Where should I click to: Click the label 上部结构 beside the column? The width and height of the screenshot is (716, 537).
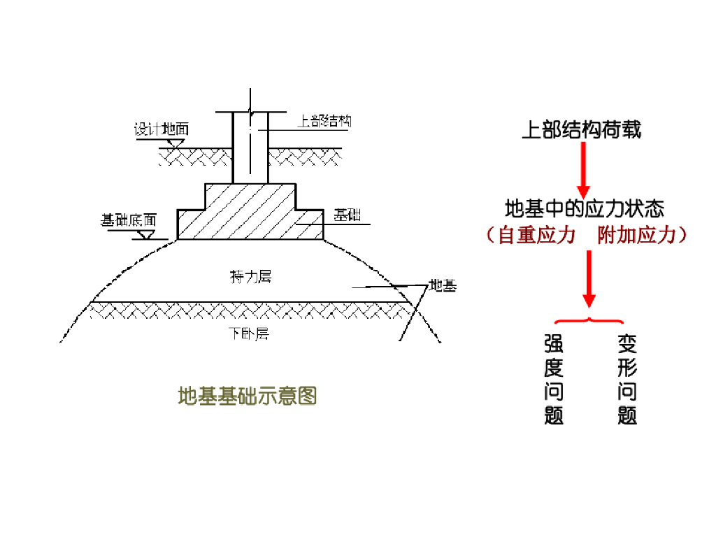pyautogui.click(x=324, y=121)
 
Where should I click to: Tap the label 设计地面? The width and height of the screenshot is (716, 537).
pyautogui.click(x=162, y=129)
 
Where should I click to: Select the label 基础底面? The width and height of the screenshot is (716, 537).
pyautogui.click(x=127, y=220)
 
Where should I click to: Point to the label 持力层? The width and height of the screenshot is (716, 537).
pyautogui.click(x=250, y=277)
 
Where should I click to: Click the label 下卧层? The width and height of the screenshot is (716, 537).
pyautogui.click(x=249, y=334)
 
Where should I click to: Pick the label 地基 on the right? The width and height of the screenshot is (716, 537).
pyautogui.click(x=442, y=285)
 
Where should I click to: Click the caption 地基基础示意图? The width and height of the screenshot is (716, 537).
pyautogui.click(x=248, y=396)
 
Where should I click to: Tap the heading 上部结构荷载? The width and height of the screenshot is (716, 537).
pyautogui.click(x=582, y=129)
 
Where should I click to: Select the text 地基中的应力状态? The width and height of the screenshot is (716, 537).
pyautogui.click(x=584, y=208)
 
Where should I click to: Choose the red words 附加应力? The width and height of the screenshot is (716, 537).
pyautogui.click(x=637, y=235)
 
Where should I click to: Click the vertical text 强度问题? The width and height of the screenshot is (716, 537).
pyautogui.click(x=554, y=380)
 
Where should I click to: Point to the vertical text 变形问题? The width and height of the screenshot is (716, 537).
pyautogui.click(x=627, y=380)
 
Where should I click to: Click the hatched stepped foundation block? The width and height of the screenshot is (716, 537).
pyautogui.click(x=250, y=213)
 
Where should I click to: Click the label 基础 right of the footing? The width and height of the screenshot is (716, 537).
pyautogui.click(x=347, y=215)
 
